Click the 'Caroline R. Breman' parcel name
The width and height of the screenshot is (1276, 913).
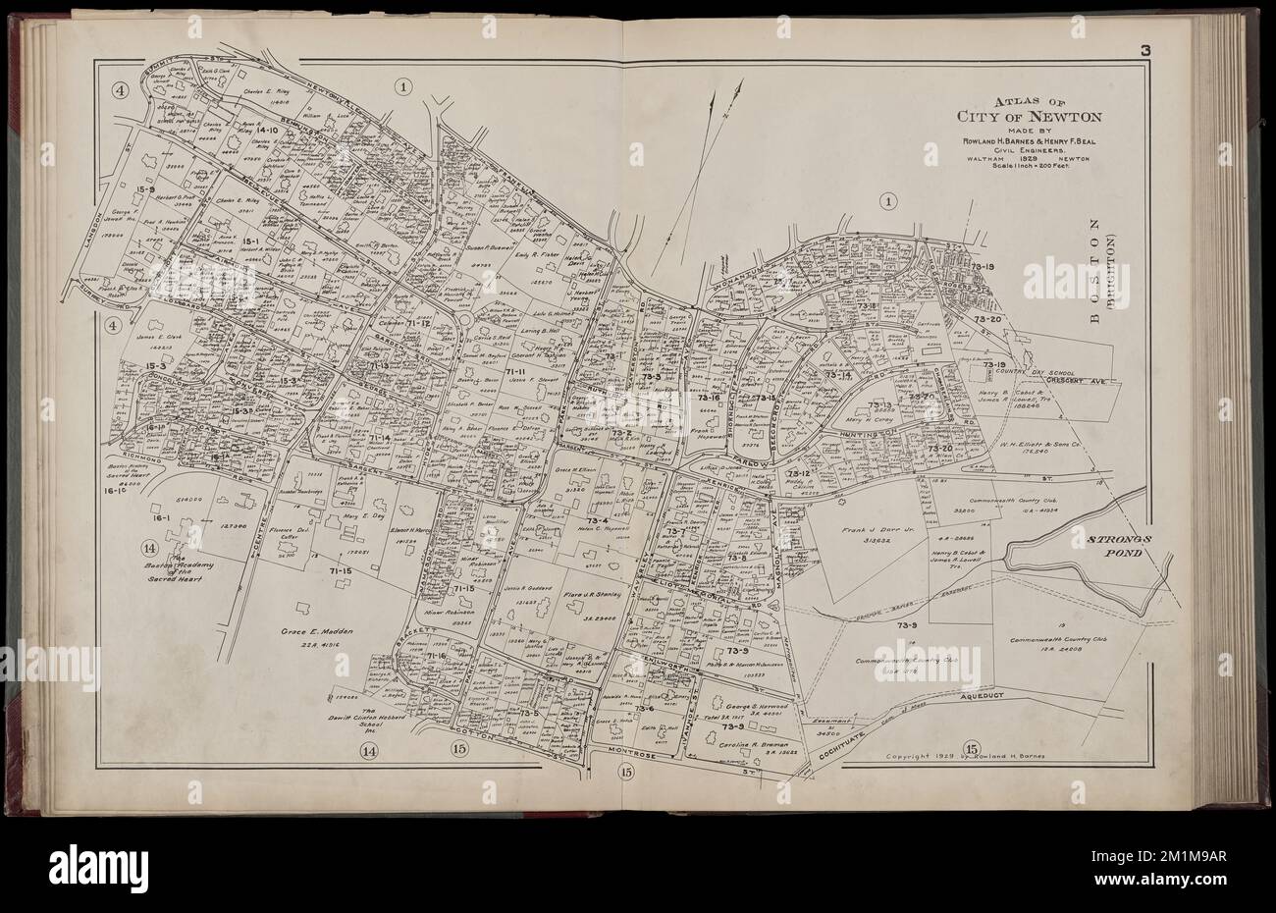click(x=766, y=744)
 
